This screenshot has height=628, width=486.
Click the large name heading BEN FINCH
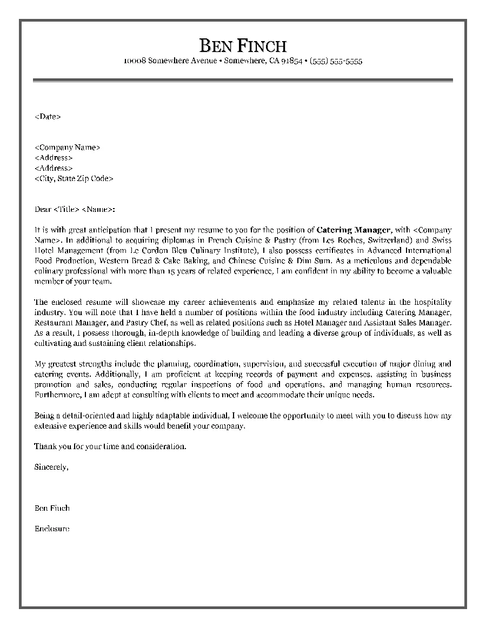(243, 45)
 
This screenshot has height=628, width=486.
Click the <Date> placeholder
(48, 116)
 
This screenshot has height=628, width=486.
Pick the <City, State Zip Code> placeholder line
(74, 178)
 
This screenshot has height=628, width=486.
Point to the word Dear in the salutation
(43, 209)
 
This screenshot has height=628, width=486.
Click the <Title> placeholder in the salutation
(66, 209)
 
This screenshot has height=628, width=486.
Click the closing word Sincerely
(51, 466)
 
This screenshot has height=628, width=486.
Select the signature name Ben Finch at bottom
(52, 508)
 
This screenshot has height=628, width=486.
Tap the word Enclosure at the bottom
(52, 529)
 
